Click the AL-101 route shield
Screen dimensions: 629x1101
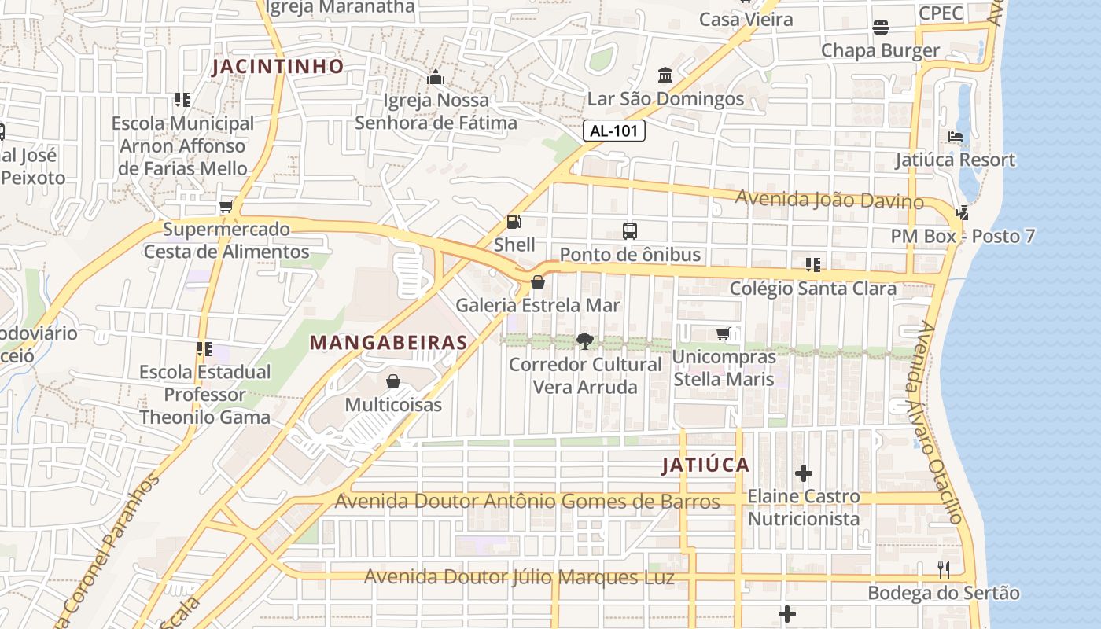[613, 131]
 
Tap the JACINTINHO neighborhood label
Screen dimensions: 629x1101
[278, 66]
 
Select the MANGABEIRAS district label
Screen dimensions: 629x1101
[388, 343]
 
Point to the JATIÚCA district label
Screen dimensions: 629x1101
[705, 465]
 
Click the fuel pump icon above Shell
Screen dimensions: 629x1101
[514, 223]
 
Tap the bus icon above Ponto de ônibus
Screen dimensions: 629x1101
[630, 231]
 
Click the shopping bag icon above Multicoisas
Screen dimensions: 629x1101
[393, 382]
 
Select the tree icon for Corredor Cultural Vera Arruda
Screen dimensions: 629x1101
[584, 341]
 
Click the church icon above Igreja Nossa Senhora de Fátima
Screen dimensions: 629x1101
[435, 77]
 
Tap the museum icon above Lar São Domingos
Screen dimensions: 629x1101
[665, 75]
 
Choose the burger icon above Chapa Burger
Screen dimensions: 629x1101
[881, 28]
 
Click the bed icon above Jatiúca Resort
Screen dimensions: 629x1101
[956, 137]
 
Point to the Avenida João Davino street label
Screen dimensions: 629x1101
[829, 200]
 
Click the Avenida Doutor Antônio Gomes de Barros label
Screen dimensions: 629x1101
[527, 502]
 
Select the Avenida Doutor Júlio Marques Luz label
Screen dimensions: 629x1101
[519, 577]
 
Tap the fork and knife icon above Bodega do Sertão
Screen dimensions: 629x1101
[944, 570]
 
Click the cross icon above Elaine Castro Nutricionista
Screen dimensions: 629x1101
[803, 473]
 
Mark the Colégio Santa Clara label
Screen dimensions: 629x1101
[813, 289]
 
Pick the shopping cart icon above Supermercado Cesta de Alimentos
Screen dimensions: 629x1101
[226, 206]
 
